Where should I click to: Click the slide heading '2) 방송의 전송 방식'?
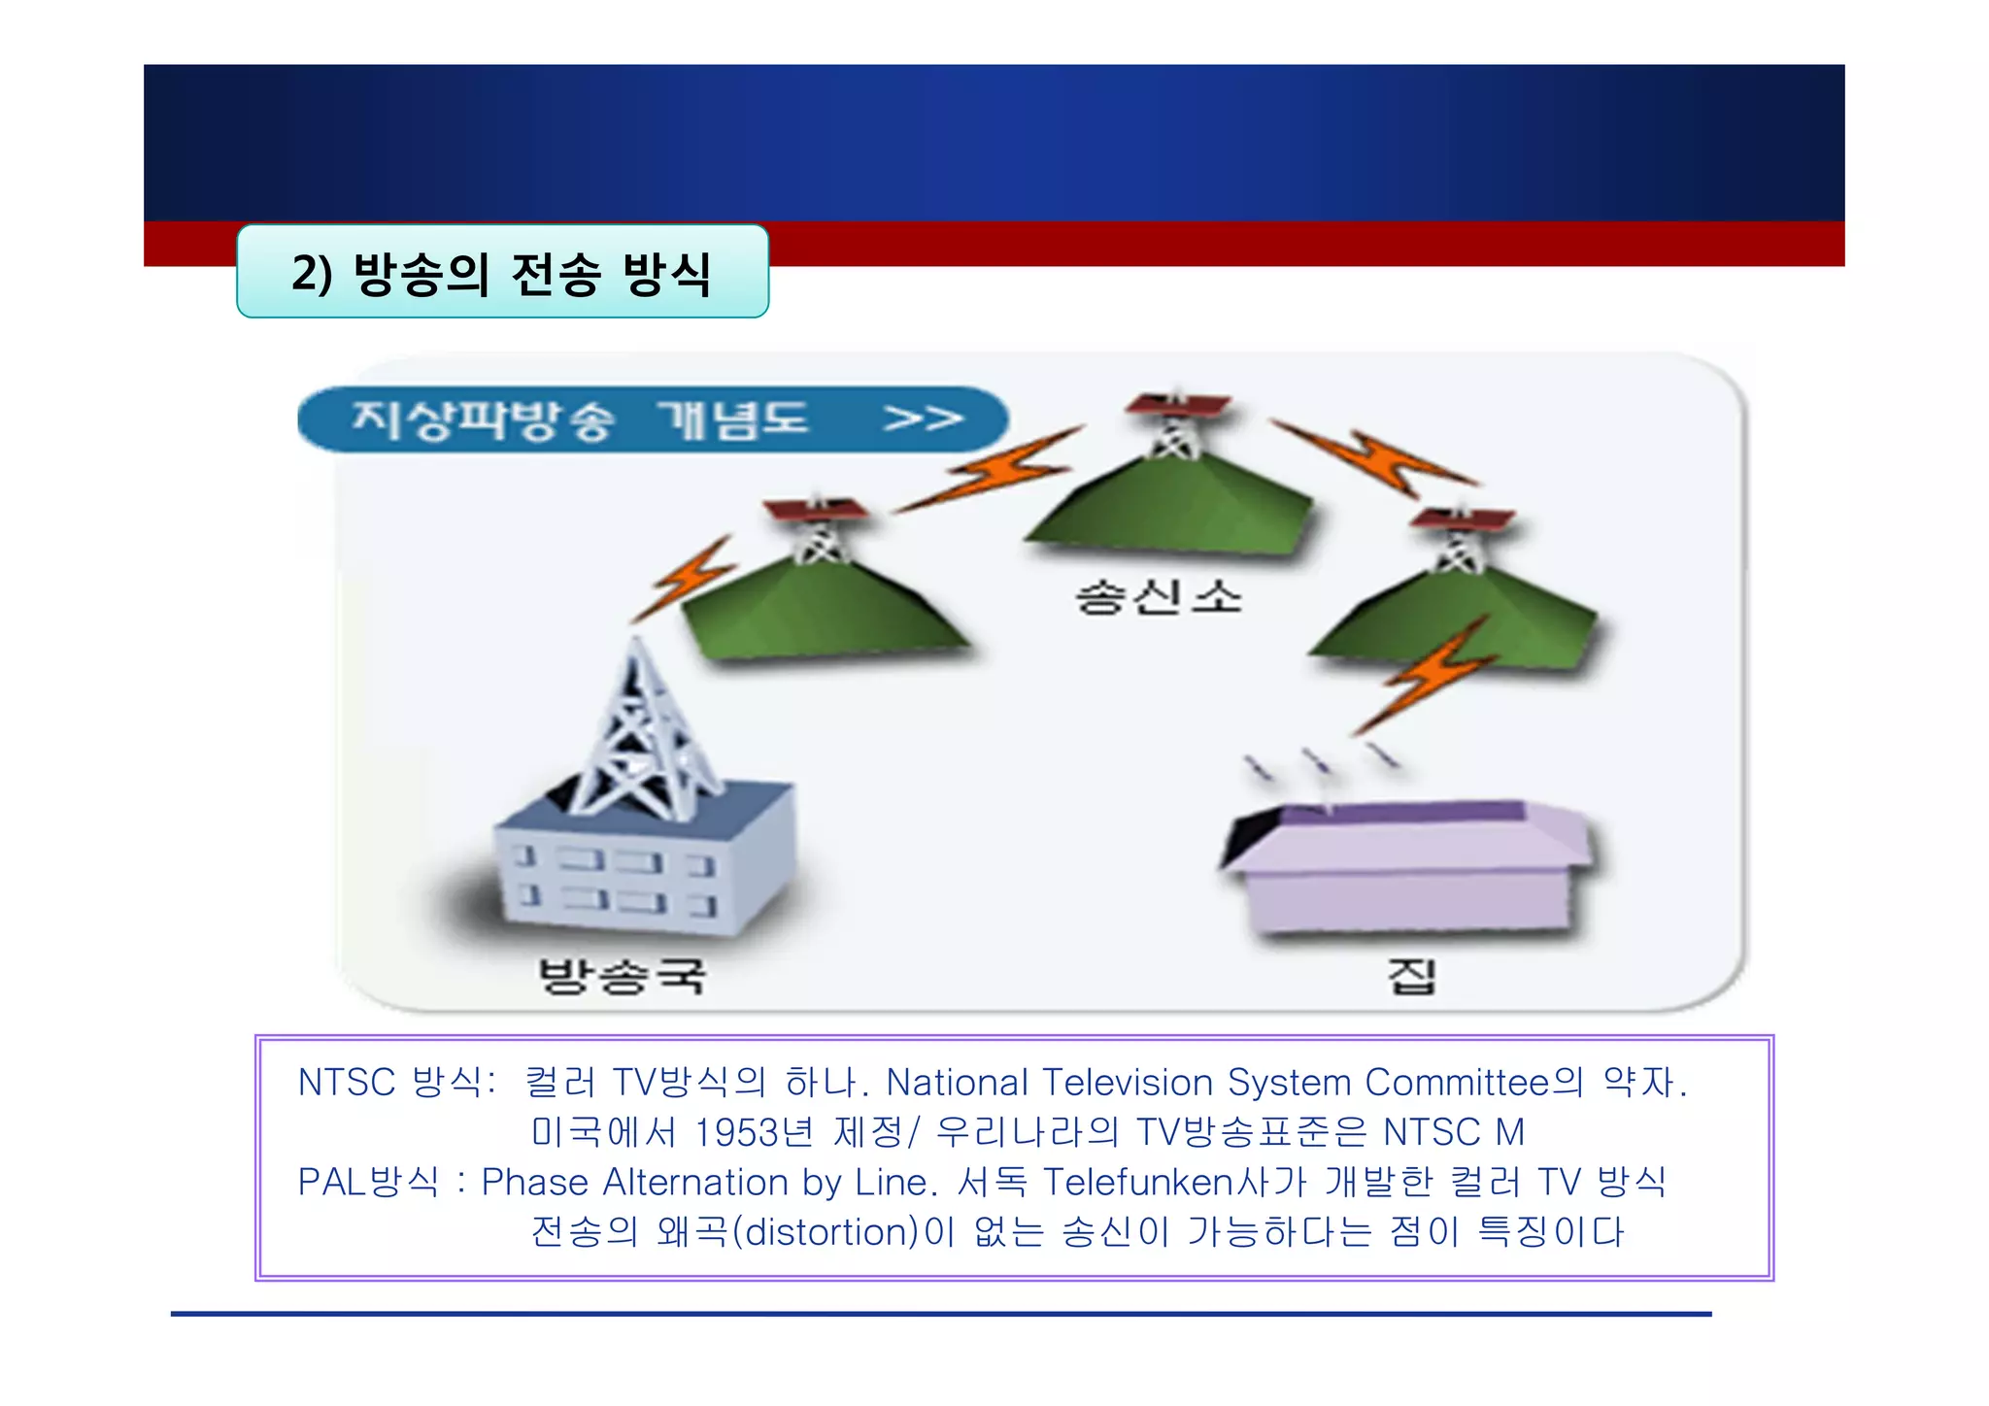point(502,273)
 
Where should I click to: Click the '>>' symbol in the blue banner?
point(922,419)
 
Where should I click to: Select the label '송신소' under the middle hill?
point(1159,596)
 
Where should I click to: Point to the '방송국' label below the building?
point(622,975)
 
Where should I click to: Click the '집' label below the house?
point(1410,975)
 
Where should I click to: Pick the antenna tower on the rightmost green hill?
point(1460,539)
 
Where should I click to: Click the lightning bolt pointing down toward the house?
point(1428,675)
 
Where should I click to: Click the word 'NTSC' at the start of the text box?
point(347,1082)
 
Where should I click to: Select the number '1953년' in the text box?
point(754,1132)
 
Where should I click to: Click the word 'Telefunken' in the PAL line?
point(1137,1182)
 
